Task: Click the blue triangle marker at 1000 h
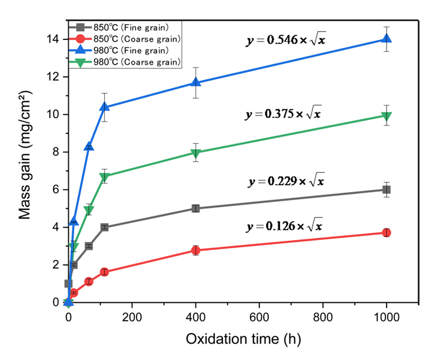coord(387,39)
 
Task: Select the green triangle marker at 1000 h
coord(387,116)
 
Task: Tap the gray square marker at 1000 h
coord(387,189)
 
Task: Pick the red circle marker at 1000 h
coord(387,232)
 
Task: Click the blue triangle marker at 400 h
coord(195,83)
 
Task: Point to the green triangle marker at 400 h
coord(195,153)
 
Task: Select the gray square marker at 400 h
coord(195,208)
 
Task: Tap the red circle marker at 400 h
coord(195,250)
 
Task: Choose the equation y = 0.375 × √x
coord(284,113)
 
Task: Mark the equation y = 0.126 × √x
coord(285,225)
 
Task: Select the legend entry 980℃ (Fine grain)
coord(123,50)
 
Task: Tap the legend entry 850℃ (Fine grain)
coord(123,27)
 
